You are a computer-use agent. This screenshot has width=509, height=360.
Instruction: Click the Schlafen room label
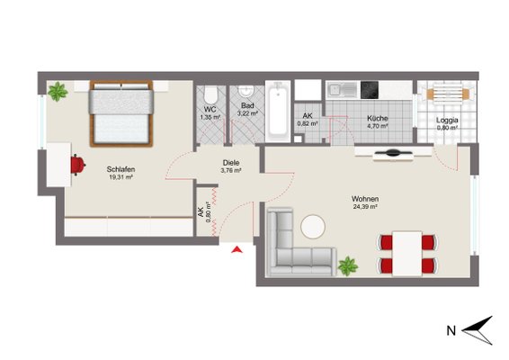click(x=121, y=169)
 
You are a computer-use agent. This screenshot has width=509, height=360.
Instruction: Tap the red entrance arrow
click(x=237, y=249)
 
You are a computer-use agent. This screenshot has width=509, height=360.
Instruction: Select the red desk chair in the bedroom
click(x=78, y=165)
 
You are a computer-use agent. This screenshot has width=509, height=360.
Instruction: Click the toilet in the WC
click(x=210, y=94)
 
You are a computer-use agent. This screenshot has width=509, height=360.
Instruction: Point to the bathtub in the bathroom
click(x=278, y=112)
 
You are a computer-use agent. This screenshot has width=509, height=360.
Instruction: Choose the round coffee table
click(x=313, y=227)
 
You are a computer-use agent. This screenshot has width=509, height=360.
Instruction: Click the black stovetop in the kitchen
click(x=370, y=90)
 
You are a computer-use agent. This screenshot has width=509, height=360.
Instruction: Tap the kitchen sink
click(x=342, y=90)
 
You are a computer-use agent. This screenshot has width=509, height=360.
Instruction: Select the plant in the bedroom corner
click(x=58, y=91)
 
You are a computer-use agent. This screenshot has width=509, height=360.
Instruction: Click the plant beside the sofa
click(x=348, y=266)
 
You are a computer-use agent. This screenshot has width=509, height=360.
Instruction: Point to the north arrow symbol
click(x=478, y=330)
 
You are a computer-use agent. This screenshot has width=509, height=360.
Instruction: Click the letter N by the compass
click(x=451, y=331)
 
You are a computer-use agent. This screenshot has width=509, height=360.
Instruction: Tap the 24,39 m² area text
click(x=365, y=207)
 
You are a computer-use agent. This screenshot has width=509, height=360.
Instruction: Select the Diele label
click(x=231, y=163)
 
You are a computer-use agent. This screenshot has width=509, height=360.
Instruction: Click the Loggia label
click(x=447, y=120)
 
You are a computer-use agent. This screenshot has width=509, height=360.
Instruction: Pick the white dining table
click(x=407, y=254)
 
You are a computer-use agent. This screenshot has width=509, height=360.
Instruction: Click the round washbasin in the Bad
click(x=246, y=91)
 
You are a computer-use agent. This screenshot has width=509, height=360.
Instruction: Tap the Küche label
click(x=377, y=118)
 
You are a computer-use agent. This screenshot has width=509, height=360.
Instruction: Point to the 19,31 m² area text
click(x=121, y=177)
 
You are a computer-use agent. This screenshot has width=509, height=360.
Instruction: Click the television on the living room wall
click(x=393, y=153)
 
